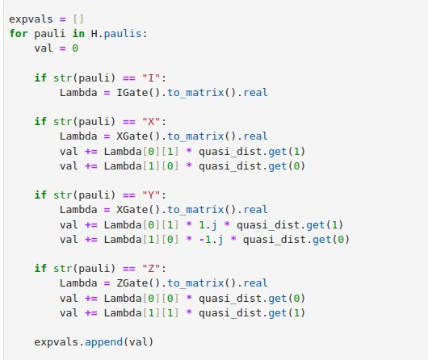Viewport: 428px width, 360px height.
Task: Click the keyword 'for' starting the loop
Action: point(19,34)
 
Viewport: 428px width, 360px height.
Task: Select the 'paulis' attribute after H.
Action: point(123,34)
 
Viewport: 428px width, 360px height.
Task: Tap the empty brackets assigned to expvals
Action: point(78,19)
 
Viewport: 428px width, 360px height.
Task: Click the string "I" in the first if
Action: point(151,78)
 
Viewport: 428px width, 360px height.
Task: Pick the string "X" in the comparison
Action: point(151,121)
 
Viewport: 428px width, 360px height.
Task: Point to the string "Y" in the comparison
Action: point(151,195)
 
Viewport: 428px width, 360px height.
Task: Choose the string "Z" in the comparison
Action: point(151,268)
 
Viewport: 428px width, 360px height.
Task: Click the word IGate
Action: point(132,93)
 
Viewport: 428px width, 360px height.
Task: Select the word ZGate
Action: point(132,283)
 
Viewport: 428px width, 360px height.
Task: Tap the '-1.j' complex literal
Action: point(212,240)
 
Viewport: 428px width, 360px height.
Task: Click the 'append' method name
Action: point(103,341)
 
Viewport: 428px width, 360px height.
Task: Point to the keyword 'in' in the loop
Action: point(78,34)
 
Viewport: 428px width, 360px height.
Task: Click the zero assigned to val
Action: point(75,48)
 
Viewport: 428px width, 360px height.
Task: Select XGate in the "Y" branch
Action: point(132,210)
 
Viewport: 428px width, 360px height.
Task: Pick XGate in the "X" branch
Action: point(132,136)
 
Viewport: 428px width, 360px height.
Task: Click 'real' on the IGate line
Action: point(255,93)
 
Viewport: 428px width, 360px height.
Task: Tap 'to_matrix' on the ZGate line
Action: point(195,283)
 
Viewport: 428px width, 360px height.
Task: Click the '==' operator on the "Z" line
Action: point(129,269)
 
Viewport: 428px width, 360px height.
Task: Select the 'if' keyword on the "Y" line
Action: point(40,195)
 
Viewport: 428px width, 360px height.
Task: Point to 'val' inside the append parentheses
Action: point(138,341)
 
